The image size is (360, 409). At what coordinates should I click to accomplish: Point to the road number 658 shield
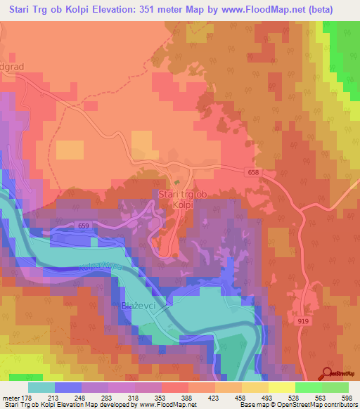pyautogui.click(x=253, y=171)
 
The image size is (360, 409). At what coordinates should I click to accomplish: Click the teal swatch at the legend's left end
pyautogui.click(x=41, y=387)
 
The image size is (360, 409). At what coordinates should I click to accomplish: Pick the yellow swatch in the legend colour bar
pyautogui.click(x=281, y=387)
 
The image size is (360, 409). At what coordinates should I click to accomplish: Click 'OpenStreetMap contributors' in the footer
pyautogui.click(x=321, y=405)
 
